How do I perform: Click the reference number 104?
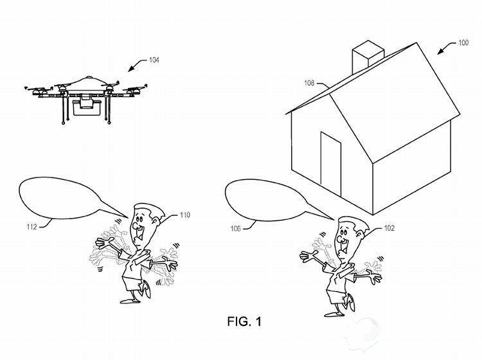(154, 60)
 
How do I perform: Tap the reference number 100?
(462, 43)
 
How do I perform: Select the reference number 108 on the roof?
(308, 83)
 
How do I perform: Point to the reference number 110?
(185, 215)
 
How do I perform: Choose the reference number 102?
(389, 228)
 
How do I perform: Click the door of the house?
(330, 160)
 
